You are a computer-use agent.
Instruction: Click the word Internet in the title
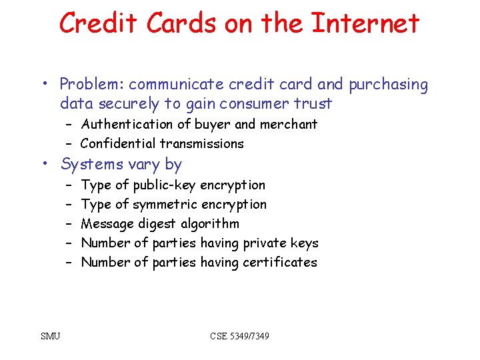click(365, 23)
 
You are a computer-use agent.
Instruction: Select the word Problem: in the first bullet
click(92, 85)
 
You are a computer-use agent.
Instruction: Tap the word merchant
click(288, 124)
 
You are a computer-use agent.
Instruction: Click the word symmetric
click(165, 204)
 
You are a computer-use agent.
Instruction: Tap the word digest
click(157, 223)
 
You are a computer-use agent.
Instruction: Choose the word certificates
click(280, 262)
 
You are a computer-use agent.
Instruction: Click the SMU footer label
click(50, 336)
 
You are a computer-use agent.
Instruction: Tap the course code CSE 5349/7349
click(240, 336)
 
